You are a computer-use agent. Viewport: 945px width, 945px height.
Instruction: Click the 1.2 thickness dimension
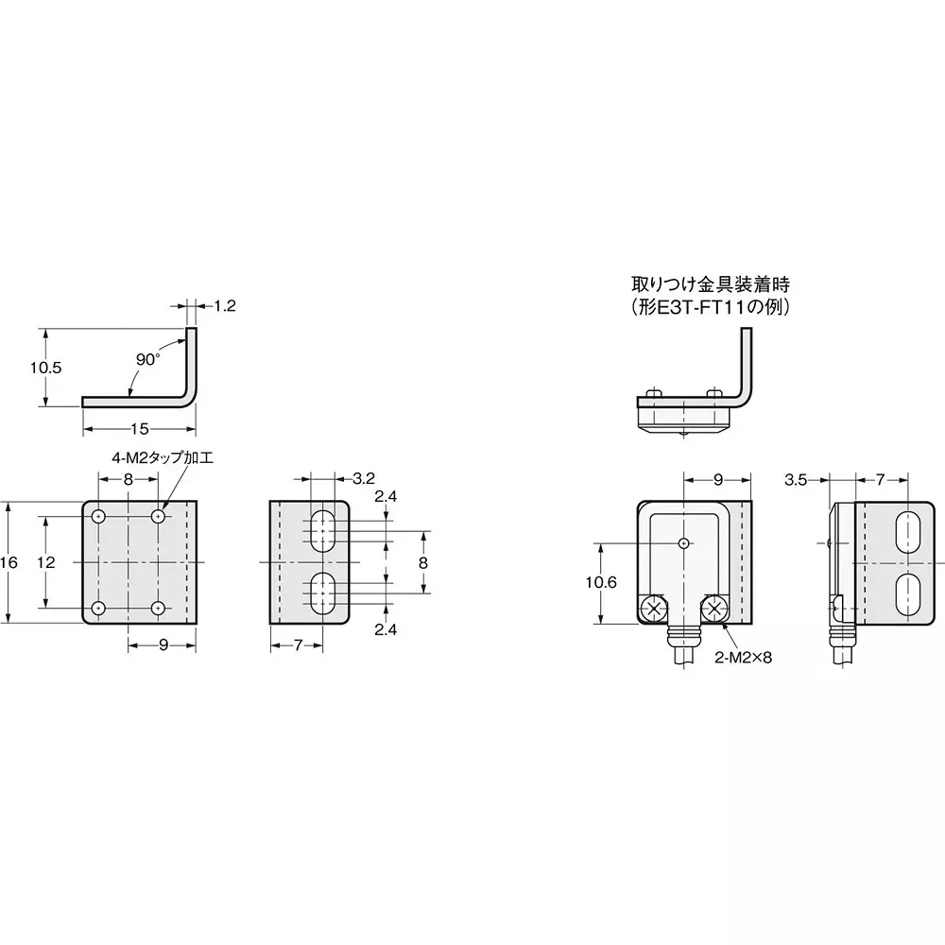tap(224, 305)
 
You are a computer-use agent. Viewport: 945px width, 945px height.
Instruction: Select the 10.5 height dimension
tap(44, 368)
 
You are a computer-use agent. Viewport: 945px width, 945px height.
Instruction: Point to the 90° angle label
tap(147, 359)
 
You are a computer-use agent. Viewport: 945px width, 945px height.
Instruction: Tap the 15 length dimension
tap(139, 429)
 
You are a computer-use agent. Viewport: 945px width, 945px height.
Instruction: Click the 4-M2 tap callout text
tap(163, 457)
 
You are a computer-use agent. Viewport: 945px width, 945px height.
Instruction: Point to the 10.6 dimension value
tap(600, 583)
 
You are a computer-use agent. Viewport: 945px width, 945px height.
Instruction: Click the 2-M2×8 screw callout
tap(743, 657)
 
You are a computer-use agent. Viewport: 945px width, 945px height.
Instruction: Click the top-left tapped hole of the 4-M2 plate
tap(98, 517)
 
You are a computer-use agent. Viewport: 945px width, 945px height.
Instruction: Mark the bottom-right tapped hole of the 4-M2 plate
tap(159, 607)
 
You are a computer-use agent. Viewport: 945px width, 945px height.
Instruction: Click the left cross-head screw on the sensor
tap(652, 609)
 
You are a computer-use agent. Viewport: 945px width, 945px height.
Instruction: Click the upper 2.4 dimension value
tap(385, 498)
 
